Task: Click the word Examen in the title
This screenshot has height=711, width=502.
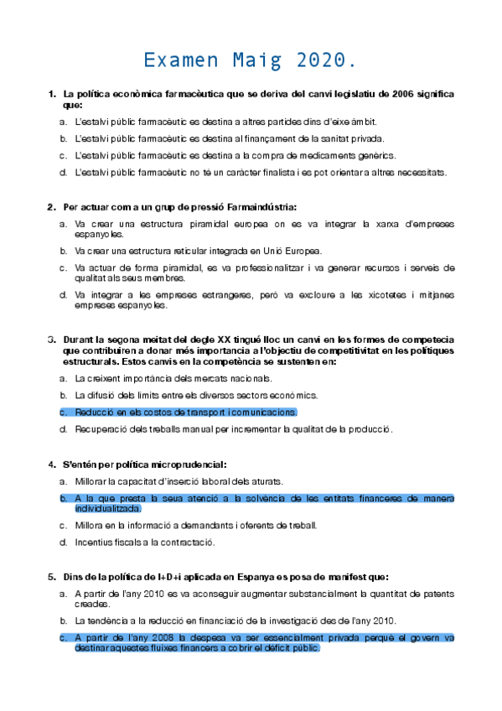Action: tap(179, 61)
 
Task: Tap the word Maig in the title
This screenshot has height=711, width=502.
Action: tap(253, 61)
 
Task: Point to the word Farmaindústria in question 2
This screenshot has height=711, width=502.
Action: tap(257, 206)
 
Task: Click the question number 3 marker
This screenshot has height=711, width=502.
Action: tap(52, 339)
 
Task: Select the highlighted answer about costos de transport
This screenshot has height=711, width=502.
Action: tap(185, 413)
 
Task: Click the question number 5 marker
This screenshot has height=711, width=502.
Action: tap(52, 577)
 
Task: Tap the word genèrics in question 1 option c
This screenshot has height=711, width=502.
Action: tap(376, 155)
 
